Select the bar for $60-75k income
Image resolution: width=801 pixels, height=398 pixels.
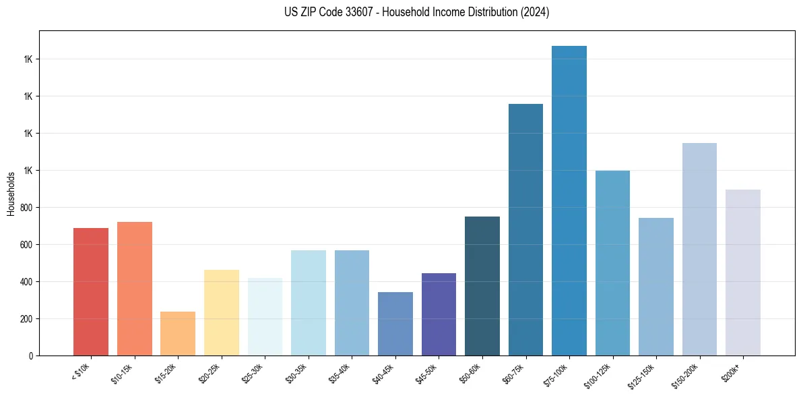[525, 229]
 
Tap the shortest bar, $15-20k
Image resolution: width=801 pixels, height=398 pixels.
[178, 333]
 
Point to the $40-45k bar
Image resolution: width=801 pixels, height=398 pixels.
[395, 324]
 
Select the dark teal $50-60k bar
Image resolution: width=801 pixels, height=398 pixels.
[482, 286]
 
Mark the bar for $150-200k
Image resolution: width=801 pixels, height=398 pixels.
[699, 249]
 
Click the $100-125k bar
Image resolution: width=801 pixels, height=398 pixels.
[612, 263]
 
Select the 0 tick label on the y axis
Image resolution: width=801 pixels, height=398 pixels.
[32, 356]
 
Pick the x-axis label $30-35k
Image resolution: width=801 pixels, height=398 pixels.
[297, 373]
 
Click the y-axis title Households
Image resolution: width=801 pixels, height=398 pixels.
[11, 194]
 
